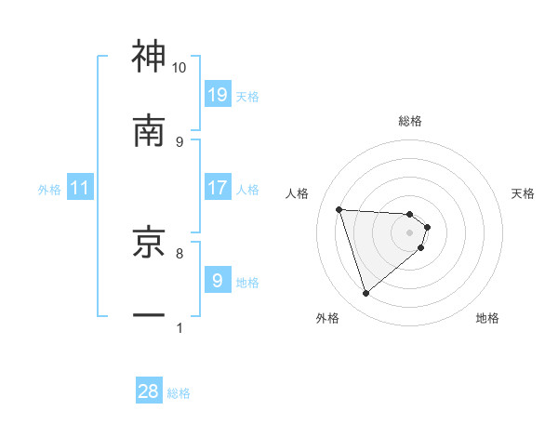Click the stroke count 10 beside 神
179,68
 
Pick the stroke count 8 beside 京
179,252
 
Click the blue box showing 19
218,94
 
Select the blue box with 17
218,188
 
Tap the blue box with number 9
218,280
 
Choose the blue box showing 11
80,188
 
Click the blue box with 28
149,391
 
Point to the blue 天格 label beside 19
247,96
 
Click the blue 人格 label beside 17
247,190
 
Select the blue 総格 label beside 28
179,393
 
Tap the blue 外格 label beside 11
49,190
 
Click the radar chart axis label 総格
410,121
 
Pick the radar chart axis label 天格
524,193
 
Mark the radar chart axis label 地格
487,318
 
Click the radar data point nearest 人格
339,209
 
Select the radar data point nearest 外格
365,294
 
